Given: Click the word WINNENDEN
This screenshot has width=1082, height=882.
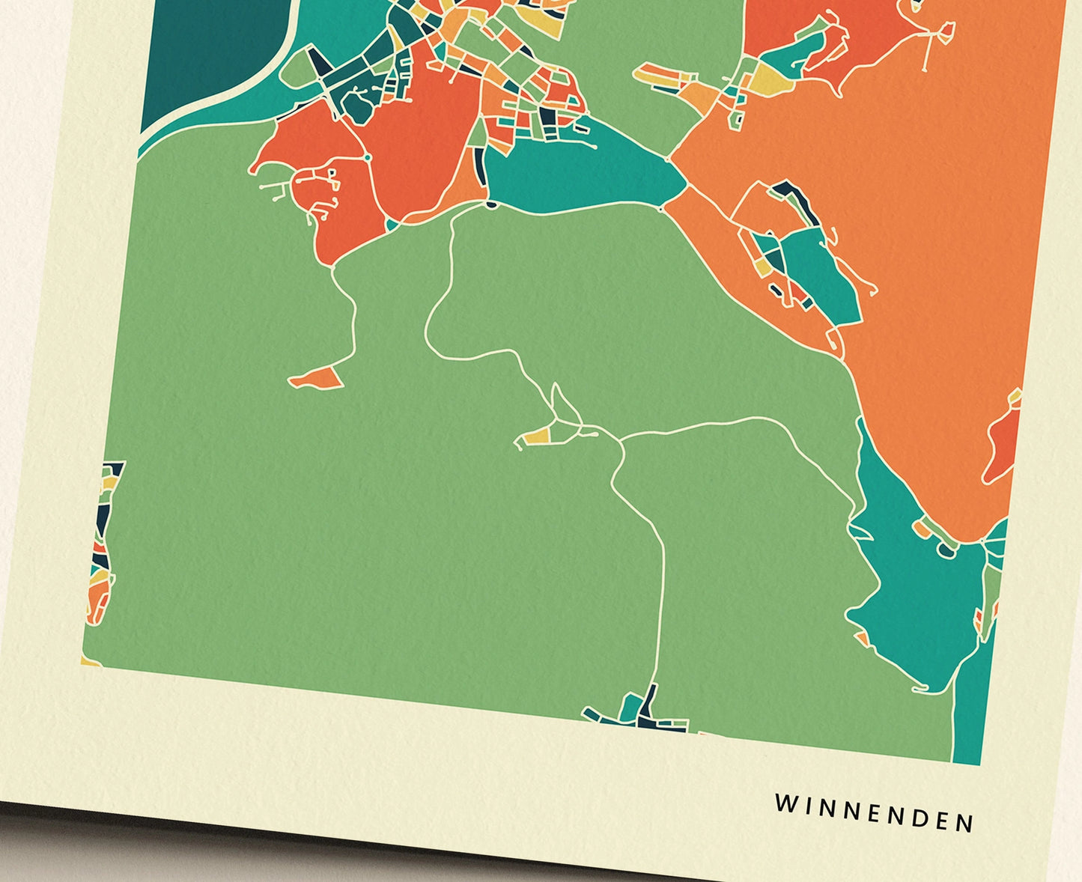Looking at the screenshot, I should pos(874,813).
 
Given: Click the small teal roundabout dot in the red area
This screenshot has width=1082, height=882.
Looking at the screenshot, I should pos(368,158).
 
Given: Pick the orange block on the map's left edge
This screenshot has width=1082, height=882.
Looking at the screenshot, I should pos(97,599).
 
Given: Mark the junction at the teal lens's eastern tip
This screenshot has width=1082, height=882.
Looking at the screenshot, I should pos(669,158).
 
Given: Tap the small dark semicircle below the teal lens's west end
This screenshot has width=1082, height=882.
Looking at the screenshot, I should pos(491,203).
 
